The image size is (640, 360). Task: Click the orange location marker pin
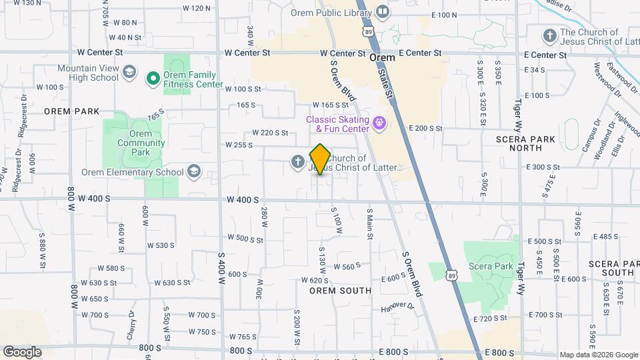320,159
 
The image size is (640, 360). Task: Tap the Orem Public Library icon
383,12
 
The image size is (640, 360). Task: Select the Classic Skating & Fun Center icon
379,123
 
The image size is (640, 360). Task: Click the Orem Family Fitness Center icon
153,79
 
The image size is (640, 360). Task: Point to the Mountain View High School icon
129,73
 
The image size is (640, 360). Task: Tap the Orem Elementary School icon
193,172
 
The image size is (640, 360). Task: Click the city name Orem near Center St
382,58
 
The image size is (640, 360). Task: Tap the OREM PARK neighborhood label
72,111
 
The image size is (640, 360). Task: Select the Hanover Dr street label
398,305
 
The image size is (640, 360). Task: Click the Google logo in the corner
22,352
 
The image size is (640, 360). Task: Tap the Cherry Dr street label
131,325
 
